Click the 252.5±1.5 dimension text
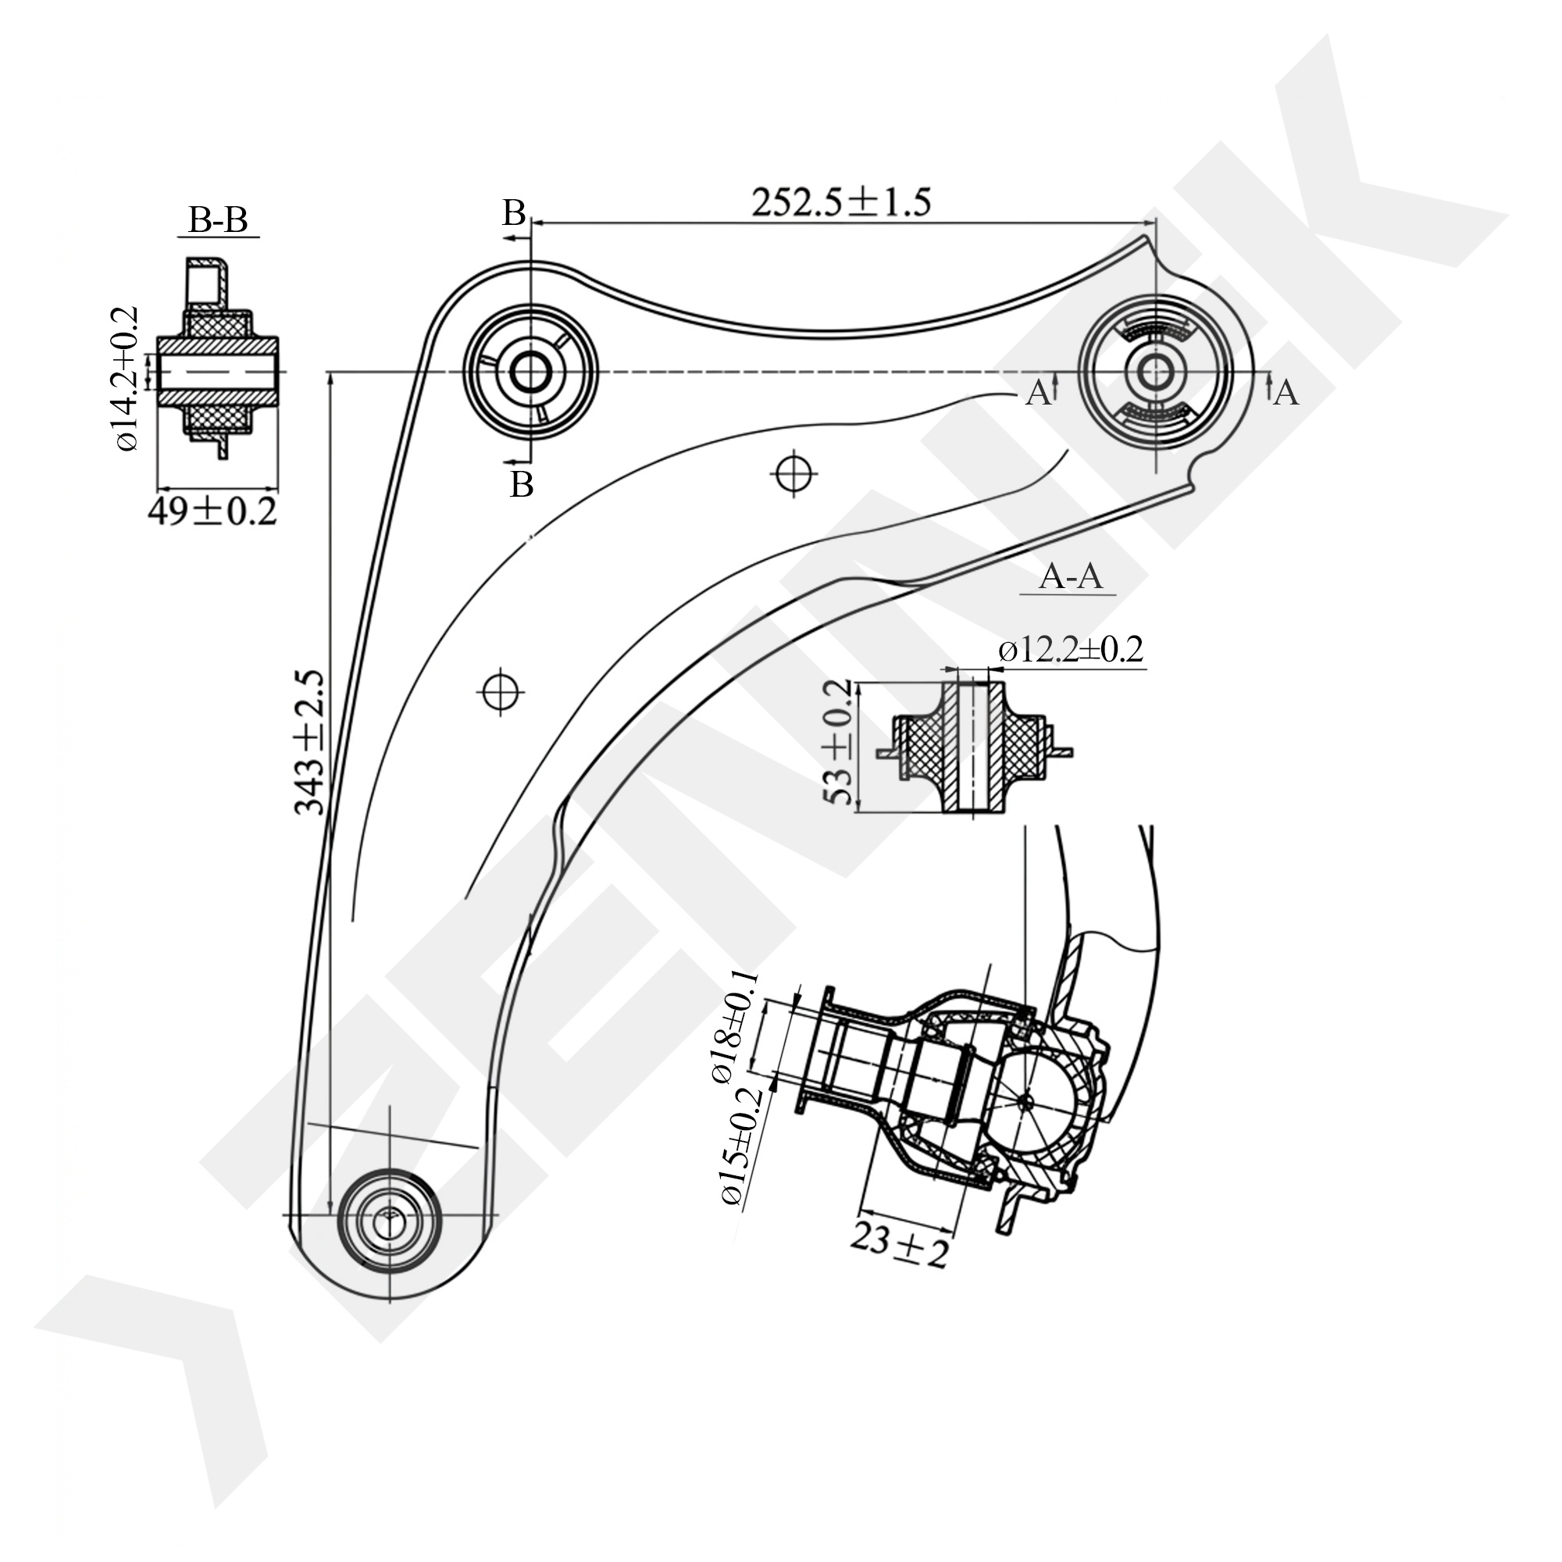[841, 202]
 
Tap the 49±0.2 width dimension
[212, 511]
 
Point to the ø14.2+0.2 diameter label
[127, 378]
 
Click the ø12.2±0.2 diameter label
[1071, 649]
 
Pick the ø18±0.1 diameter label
[734, 1026]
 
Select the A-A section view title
[1071, 576]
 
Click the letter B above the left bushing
[514, 213]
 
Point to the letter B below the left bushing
[522, 484]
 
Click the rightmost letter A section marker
[1286, 393]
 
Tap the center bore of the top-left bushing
[530, 372]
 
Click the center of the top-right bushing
[1155, 373]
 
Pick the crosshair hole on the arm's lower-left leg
[501, 691]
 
